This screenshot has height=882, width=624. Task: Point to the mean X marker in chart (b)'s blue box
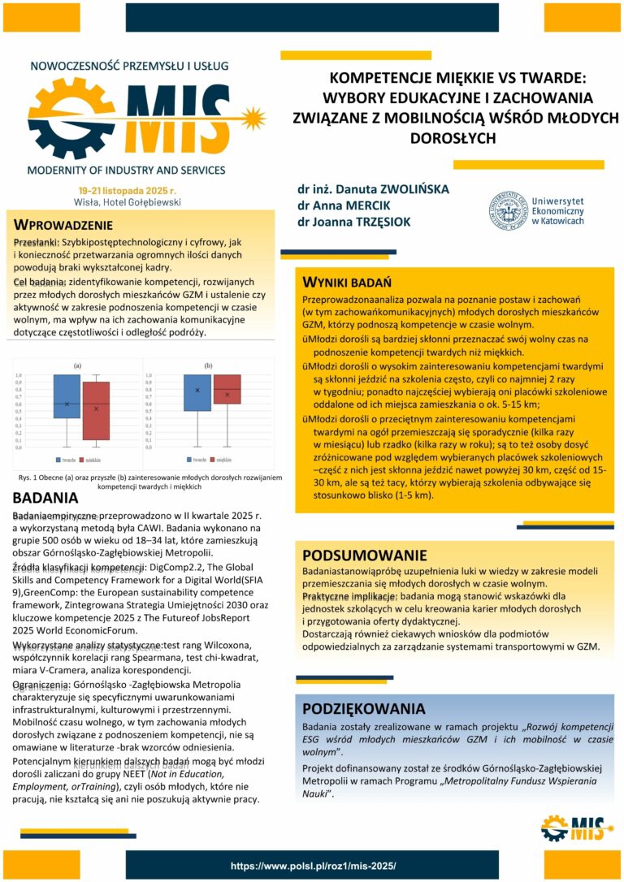[x=197, y=391]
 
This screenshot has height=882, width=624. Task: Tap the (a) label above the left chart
[x=78, y=366]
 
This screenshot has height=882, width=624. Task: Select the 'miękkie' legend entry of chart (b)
[x=236, y=460]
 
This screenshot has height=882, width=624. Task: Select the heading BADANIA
[x=45, y=499]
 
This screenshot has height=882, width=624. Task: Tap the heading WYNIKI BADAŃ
[x=348, y=283]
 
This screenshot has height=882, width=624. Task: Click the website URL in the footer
[x=313, y=867]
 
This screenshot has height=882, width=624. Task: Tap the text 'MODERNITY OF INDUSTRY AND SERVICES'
[x=126, y=171]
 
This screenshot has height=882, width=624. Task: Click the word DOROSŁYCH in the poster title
[x=453, y=138]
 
